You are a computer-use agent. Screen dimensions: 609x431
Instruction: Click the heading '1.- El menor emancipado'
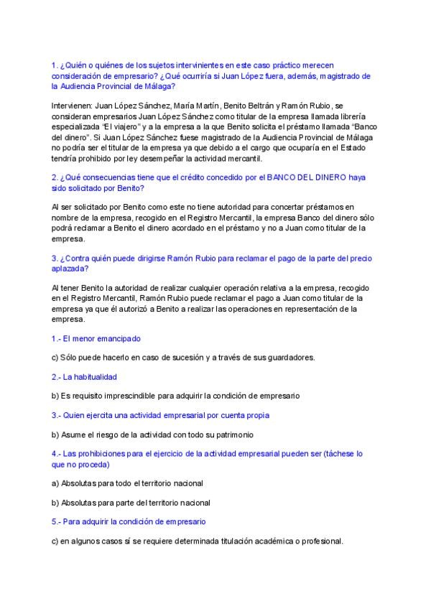[x=96, y=338]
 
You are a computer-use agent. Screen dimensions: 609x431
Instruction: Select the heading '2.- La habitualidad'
[x=84, y=376]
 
